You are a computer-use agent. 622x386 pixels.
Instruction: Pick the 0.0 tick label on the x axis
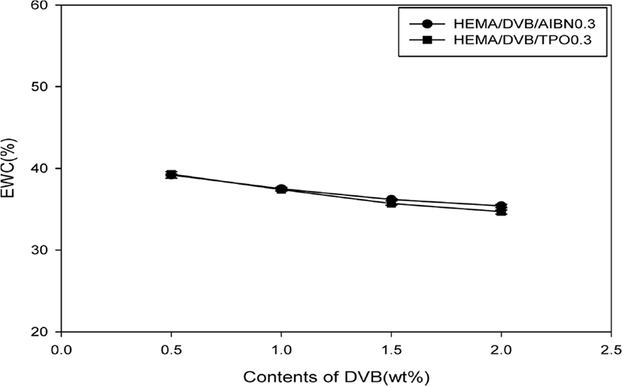click(x=62, y=350)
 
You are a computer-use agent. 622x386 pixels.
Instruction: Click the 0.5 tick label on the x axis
click(x=171, y=350)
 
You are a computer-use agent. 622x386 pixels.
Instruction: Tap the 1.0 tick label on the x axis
click(x=281, y=350)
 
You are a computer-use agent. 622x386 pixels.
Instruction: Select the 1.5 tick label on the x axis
click(x=391, y=350)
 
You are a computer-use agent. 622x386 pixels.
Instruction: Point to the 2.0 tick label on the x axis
click(x=502, y=350)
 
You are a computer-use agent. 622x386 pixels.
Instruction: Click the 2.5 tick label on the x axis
click(x=611, y=350)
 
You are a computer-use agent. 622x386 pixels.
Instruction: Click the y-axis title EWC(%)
click(x=9, y=168)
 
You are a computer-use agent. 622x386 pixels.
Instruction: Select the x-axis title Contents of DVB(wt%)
click(x=336, y=377)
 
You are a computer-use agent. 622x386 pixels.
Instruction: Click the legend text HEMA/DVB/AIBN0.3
click(x=525, y=24)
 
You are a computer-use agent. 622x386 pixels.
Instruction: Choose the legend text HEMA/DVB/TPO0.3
click(x=523, y=40)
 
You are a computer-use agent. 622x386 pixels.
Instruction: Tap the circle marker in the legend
click(x=427, y=24)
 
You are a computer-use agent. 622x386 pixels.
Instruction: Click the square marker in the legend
click(x=427, y=40)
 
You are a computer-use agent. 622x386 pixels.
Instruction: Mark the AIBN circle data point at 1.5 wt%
click(x=391, y=200)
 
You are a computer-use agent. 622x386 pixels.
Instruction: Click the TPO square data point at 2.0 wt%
click(x=502, y=212)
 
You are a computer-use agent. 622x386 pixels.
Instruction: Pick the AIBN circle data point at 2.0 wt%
click(x=502, y=206)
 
